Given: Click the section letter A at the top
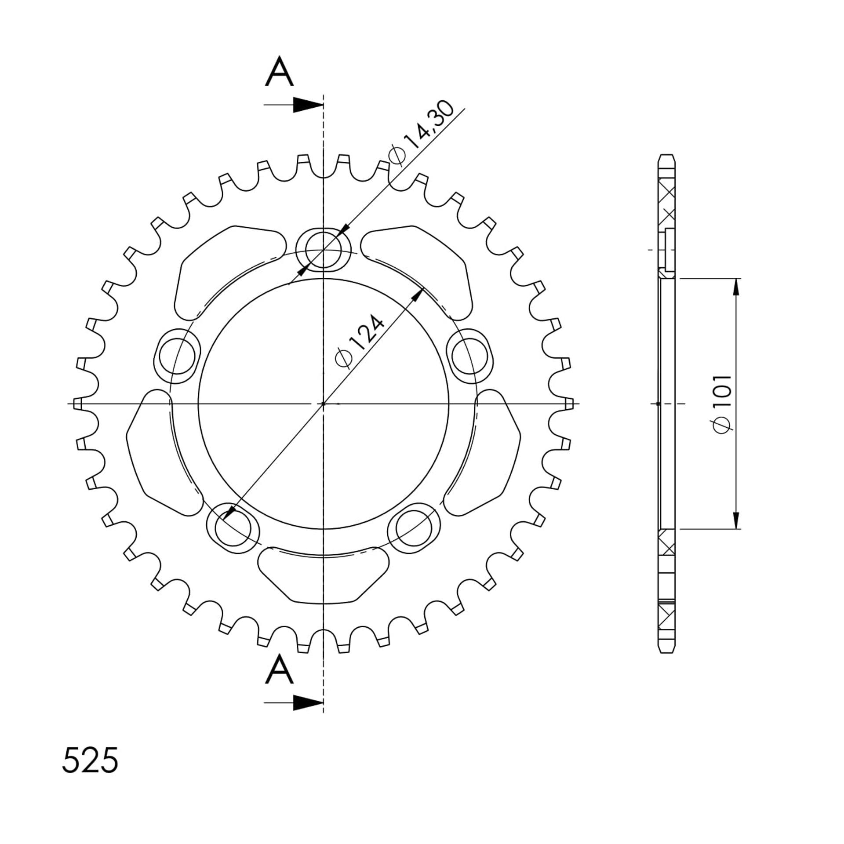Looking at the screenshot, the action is pos(279,72).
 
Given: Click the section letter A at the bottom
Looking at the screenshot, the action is pos(279,669).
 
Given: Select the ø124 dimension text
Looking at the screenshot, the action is pos(360,341).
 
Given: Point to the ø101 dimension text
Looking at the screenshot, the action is pos(722,404).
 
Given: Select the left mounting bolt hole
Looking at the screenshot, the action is pos(177,356).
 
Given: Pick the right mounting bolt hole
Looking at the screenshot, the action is pos(470,356).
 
